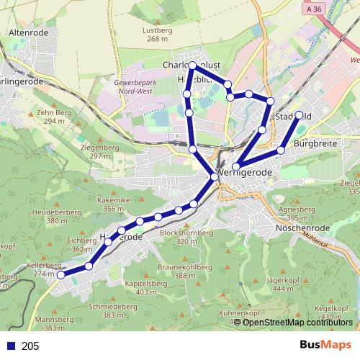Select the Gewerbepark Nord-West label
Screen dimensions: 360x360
[135, 88]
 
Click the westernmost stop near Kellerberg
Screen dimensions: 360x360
[61, 274]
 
